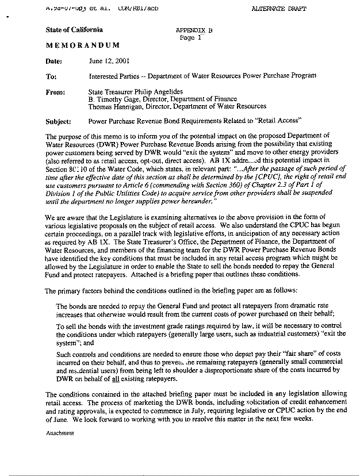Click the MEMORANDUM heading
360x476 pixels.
coord(83,45)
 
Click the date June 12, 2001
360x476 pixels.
coord(104,61)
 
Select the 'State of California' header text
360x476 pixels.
coord(74,29)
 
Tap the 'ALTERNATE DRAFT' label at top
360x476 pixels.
coord(279,9)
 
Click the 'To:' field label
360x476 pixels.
coord(51,76)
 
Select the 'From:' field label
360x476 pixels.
coord(55,91)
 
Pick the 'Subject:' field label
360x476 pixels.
coord(59,122)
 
